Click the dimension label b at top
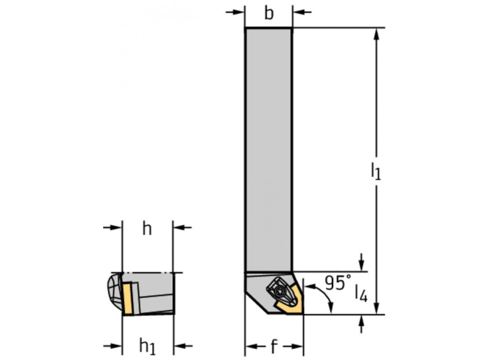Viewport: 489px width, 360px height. coord(269,14)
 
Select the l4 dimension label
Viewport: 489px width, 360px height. coord(361,294)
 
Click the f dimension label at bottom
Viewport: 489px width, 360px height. coord(274,347)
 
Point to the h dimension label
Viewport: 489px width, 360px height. coord(147,229)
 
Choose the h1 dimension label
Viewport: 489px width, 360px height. coord(147,346)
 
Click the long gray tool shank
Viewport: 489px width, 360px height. coord(268,147)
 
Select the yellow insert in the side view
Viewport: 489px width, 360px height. coord(129,298)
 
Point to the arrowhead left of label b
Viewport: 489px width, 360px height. coord(239,12)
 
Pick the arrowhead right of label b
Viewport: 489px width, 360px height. coord(298,12)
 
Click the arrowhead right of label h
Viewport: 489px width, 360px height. coord(179,227)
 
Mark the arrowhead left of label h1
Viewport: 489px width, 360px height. coord(116,346)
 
